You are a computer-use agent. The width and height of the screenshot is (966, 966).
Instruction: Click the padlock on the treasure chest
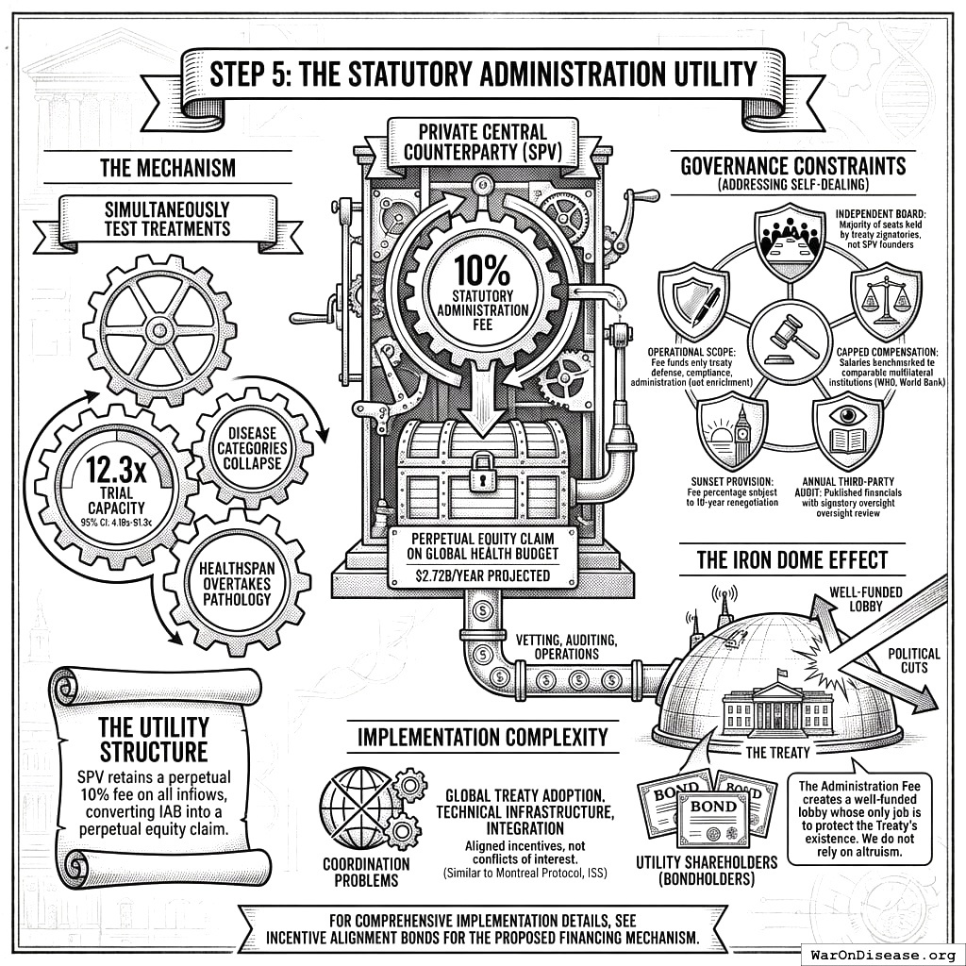tap(482, 465)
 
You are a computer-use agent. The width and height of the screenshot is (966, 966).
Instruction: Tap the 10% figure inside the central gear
tap(482, 272)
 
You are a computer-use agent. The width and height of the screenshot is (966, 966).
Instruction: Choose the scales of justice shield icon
tap(886, 300)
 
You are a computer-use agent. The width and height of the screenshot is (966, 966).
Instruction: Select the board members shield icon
tap(791, 242)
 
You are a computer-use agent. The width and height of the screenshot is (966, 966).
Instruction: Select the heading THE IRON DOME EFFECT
tap(791, 559)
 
